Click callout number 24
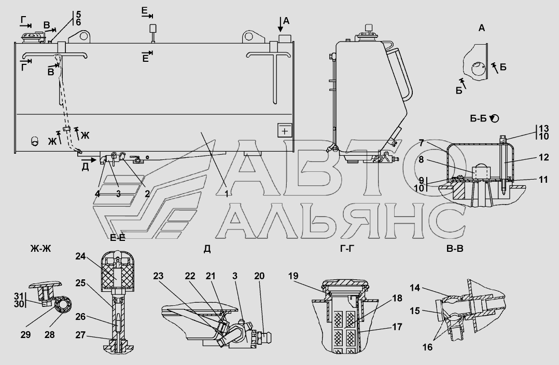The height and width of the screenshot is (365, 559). tap(80, 256)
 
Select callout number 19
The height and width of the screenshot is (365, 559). tap(294, 276)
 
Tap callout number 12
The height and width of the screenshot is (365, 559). tap(543, 157)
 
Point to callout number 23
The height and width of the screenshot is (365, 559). tap(159, 276)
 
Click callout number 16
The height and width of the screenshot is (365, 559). tap(427, 347)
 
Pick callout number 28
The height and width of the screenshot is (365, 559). tap(50, 335)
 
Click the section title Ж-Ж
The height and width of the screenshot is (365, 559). tap(40, 248)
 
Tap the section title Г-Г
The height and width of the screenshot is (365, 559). tap(347, 248)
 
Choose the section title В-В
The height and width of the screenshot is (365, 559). tap(455, 248)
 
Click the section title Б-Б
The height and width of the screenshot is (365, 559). tap(478, 118)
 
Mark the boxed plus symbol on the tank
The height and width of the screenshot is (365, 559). tap(285, 131)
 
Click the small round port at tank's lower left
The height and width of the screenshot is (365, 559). tap(35, 141)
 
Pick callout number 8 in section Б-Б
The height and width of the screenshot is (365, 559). tap(421, 159)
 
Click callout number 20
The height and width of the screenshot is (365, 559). tap(259, 276)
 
